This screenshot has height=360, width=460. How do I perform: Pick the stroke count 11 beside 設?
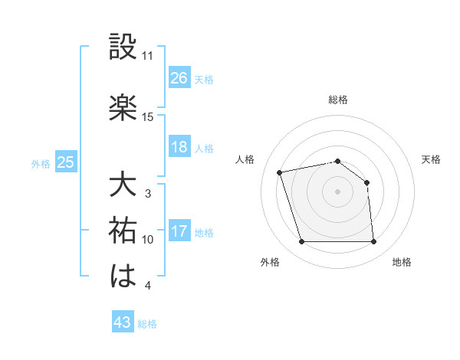pos(148,56)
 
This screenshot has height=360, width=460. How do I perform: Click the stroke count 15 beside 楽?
pos(148,117)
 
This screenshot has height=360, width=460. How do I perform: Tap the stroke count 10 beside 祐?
pos(148,240)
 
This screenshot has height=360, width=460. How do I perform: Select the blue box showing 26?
pos(179,77)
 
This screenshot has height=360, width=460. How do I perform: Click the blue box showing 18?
pos(179,147)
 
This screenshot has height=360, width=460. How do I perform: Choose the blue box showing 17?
pos(179,231)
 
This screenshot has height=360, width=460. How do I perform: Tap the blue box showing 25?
pos(65,162)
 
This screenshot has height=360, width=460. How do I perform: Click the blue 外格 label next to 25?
pos(41,163)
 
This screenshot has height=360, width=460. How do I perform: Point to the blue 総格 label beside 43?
pos(147,324)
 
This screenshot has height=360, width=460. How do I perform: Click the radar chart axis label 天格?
pos(431,159)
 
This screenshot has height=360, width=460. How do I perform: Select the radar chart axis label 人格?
pos(245,159)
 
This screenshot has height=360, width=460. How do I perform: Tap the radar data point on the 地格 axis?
pos(374,242)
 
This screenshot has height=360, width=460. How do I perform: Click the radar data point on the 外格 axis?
pos(301,242)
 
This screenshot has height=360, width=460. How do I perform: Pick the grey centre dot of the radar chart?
pos(337,191)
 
